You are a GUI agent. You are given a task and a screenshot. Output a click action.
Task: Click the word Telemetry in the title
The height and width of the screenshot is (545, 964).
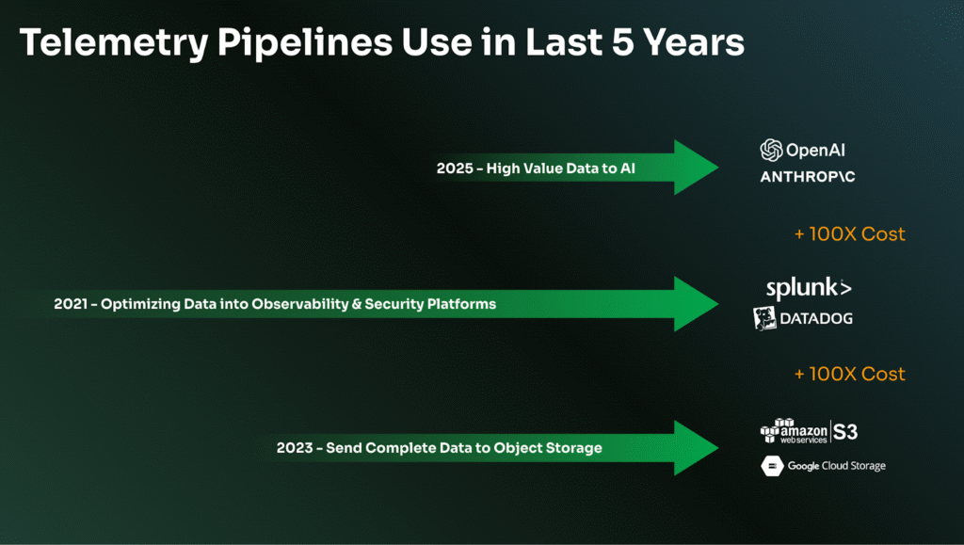[x=114, y=43]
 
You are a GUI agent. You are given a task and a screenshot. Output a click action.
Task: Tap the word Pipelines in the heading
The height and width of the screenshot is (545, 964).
[x=305, y=43]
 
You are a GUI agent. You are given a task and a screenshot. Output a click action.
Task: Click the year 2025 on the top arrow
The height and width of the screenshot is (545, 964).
[x=455, y=168]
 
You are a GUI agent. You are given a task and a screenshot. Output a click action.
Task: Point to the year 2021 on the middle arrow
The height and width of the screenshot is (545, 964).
[x=70, y=304]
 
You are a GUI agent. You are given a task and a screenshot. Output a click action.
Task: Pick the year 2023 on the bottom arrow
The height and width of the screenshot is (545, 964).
[x=295, y=448]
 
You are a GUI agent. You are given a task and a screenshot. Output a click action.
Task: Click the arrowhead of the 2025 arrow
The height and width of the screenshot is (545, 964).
[x=696, y=168]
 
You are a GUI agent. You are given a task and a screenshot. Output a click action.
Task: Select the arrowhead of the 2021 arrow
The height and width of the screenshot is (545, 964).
[x=696, y=303]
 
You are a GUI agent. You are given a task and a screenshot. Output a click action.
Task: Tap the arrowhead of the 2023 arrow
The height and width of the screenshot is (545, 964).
[x=696, y=448]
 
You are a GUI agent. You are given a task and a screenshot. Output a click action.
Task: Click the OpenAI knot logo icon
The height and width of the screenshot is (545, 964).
[x=771, y=150]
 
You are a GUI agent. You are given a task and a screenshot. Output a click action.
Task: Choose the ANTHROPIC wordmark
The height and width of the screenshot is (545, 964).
[x=807, y=177]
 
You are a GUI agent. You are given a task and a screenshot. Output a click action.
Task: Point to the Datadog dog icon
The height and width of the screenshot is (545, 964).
[x=764, y=318]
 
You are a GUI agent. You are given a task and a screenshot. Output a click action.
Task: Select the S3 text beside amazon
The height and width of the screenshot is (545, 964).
[x=845, y=432]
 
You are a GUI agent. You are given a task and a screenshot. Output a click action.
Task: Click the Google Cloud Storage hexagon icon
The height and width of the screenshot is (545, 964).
[x=772, y=466]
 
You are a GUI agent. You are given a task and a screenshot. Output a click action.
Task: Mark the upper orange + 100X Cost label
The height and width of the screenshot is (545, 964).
[x=850, y=234]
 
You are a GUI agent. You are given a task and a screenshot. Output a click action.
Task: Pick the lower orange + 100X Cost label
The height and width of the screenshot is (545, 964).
[x=850, y=375]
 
